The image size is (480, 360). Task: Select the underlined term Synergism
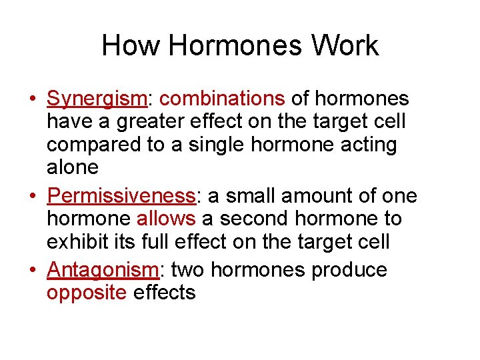click(x=96, y=99)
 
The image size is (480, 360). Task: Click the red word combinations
click(x=223, y=99)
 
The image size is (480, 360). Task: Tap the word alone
click(x=72, y=167)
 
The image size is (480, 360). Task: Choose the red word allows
click(x=165, y=219)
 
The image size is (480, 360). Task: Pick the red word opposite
click(x=87, y=293)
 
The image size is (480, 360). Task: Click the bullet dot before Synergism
click(x=32, y=99)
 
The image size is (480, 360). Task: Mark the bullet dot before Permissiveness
click(x=32, y=197)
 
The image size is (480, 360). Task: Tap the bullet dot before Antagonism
click(x=32, y=271)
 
